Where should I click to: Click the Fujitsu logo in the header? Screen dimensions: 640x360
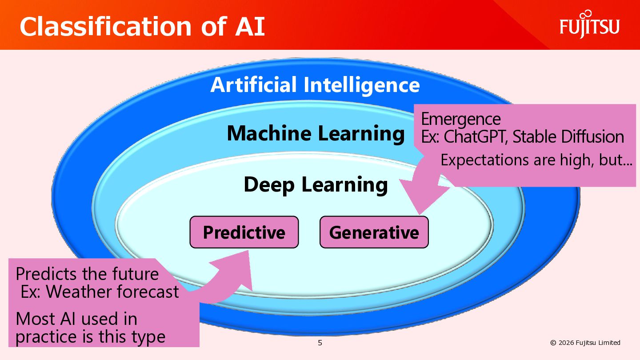589,25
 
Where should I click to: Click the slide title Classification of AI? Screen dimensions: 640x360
142,27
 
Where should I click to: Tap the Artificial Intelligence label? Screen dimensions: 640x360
315,85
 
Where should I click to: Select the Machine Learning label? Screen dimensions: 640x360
316,133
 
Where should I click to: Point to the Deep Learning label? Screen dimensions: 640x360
316,185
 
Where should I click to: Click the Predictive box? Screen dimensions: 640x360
244,232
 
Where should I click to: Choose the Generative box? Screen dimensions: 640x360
374,232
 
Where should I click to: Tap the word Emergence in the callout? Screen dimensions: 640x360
460,119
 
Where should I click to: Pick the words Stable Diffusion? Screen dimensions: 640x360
568,137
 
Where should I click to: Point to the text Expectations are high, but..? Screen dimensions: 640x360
536,160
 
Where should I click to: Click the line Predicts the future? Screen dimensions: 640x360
87,274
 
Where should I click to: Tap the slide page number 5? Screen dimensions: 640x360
320,343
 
